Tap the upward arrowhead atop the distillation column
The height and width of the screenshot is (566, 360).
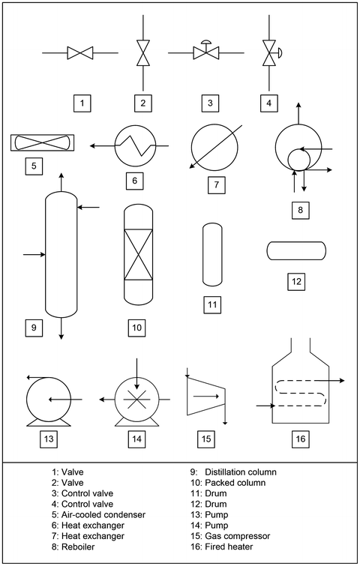(x=61, y=174)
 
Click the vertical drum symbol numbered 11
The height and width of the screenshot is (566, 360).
(x=211, y=254)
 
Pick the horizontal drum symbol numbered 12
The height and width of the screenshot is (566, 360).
(x=296, y=250)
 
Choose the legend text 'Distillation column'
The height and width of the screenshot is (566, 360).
(x=241, y=472)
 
